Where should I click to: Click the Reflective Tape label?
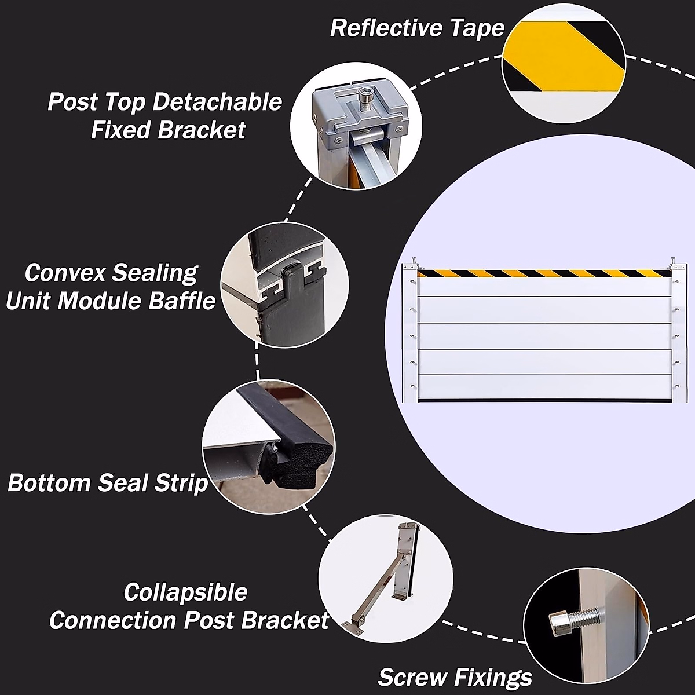coord(417,28)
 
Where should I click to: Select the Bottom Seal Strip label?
coord(108,482)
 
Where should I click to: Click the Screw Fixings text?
coord(455,676)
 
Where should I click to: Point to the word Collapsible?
coord(185,592)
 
